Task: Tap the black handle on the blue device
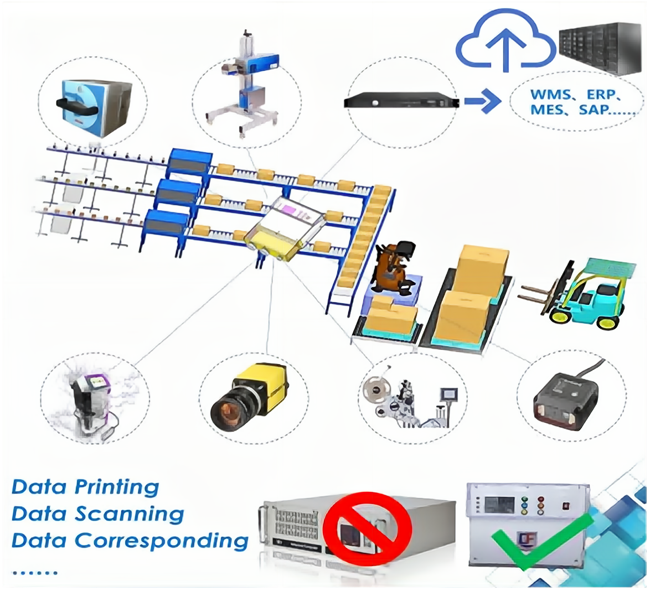[x=78, y=102]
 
